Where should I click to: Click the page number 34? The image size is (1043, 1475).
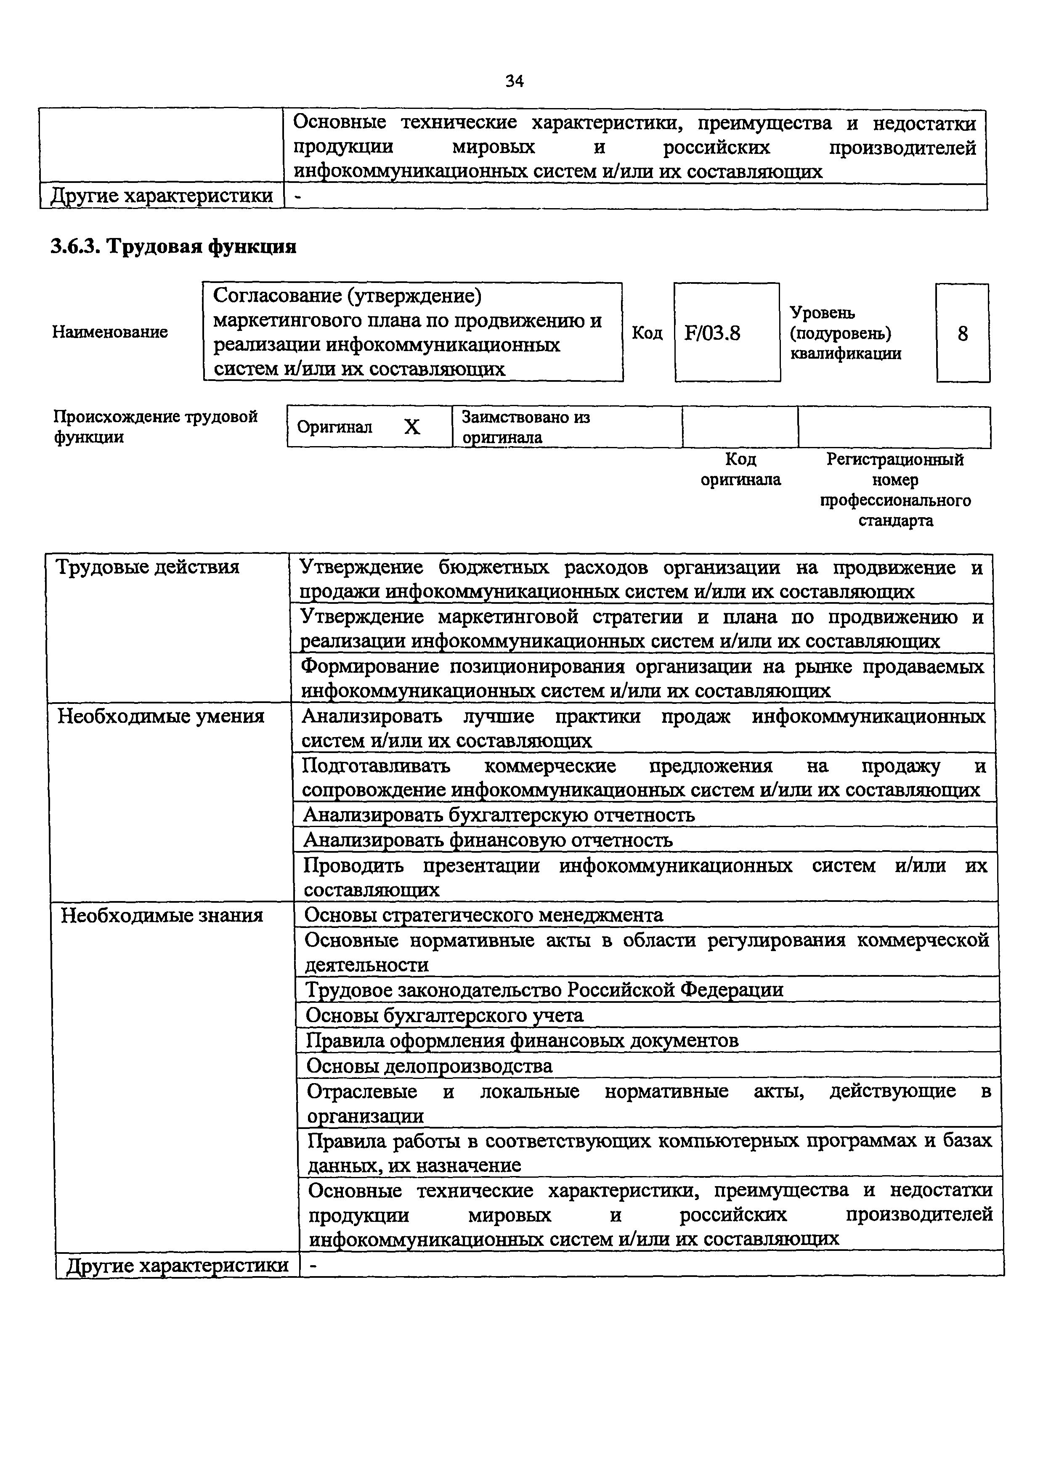pyautogui.click(x=514, y=81)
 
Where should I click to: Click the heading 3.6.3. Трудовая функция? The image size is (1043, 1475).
pyautogui.click(x=173, y=247)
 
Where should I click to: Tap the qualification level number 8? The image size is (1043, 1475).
pyautogui.click(x=962, y=333)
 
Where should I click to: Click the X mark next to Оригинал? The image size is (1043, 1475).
pyautogui.click(x=412, y=427)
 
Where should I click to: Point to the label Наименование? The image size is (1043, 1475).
pyautogui.click(x=110, y=332)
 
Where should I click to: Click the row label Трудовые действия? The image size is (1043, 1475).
pyautogui.click(x=148, y=567)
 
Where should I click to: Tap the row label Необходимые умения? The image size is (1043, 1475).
pyautogui.click(x=161, y=716)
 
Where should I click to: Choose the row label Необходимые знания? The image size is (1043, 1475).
pyautogui.click(x=162, y=915)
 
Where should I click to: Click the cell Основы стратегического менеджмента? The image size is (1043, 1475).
pyautogui.click(x=484, y=914)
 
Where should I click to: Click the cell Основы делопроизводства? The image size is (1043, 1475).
pyautogui.click(x=429, y=1066)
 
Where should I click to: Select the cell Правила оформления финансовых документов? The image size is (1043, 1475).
pyautogui.click(x=522, y=1040)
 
